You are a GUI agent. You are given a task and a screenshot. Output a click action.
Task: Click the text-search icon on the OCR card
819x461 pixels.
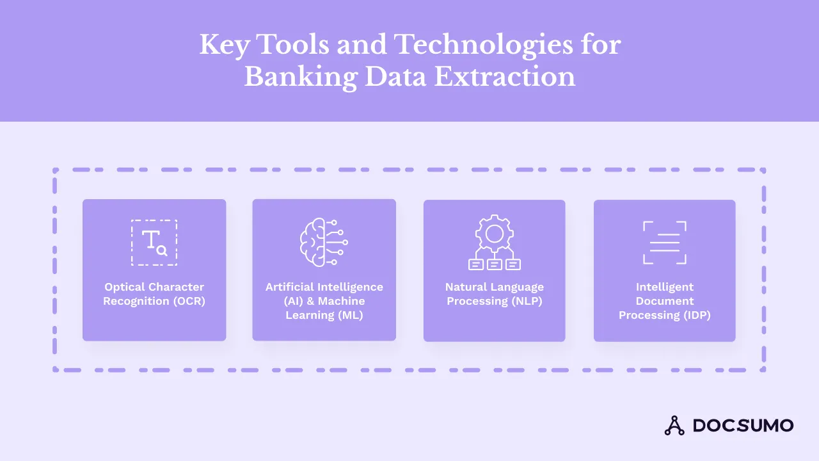point(154,243)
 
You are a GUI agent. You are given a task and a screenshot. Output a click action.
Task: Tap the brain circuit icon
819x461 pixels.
point(324,243)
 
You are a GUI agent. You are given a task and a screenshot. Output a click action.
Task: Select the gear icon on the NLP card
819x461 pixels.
point(494,234)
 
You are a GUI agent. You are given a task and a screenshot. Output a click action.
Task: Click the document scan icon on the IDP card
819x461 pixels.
point(664,243)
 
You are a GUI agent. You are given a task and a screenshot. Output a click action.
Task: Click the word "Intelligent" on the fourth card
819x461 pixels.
point(664,287)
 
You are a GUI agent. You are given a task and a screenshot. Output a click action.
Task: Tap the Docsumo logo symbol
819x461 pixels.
point(674,425)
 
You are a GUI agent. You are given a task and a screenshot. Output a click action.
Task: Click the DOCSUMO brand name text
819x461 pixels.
point(743,425)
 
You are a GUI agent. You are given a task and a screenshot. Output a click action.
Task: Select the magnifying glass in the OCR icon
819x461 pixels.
point(162,251)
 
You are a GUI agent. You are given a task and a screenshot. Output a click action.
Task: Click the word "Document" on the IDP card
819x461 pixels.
point(664,301)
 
